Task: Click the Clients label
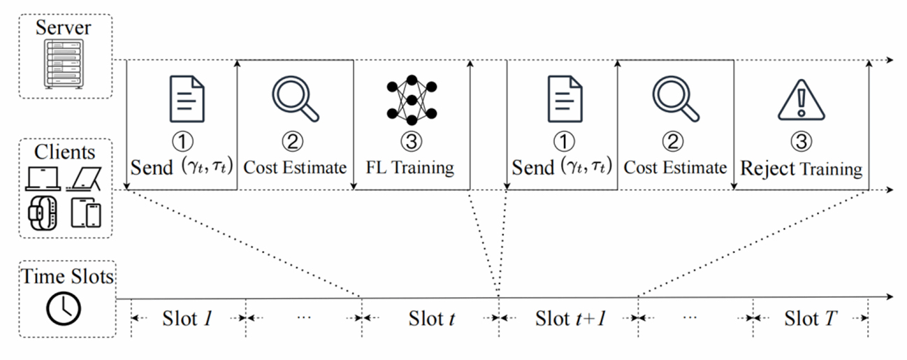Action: tap(64, 152)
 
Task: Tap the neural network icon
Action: tap(412, 98)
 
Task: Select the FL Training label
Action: tap(412, 168)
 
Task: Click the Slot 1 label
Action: tap(188, 319)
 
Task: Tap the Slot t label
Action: tap(432, 319)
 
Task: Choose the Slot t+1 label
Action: tap(569, 319)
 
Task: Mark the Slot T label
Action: tap(810, 319)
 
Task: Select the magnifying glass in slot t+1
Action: tap(676, 97)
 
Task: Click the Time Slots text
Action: tap(66, 277)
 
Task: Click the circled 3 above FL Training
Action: tap(411, 143)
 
